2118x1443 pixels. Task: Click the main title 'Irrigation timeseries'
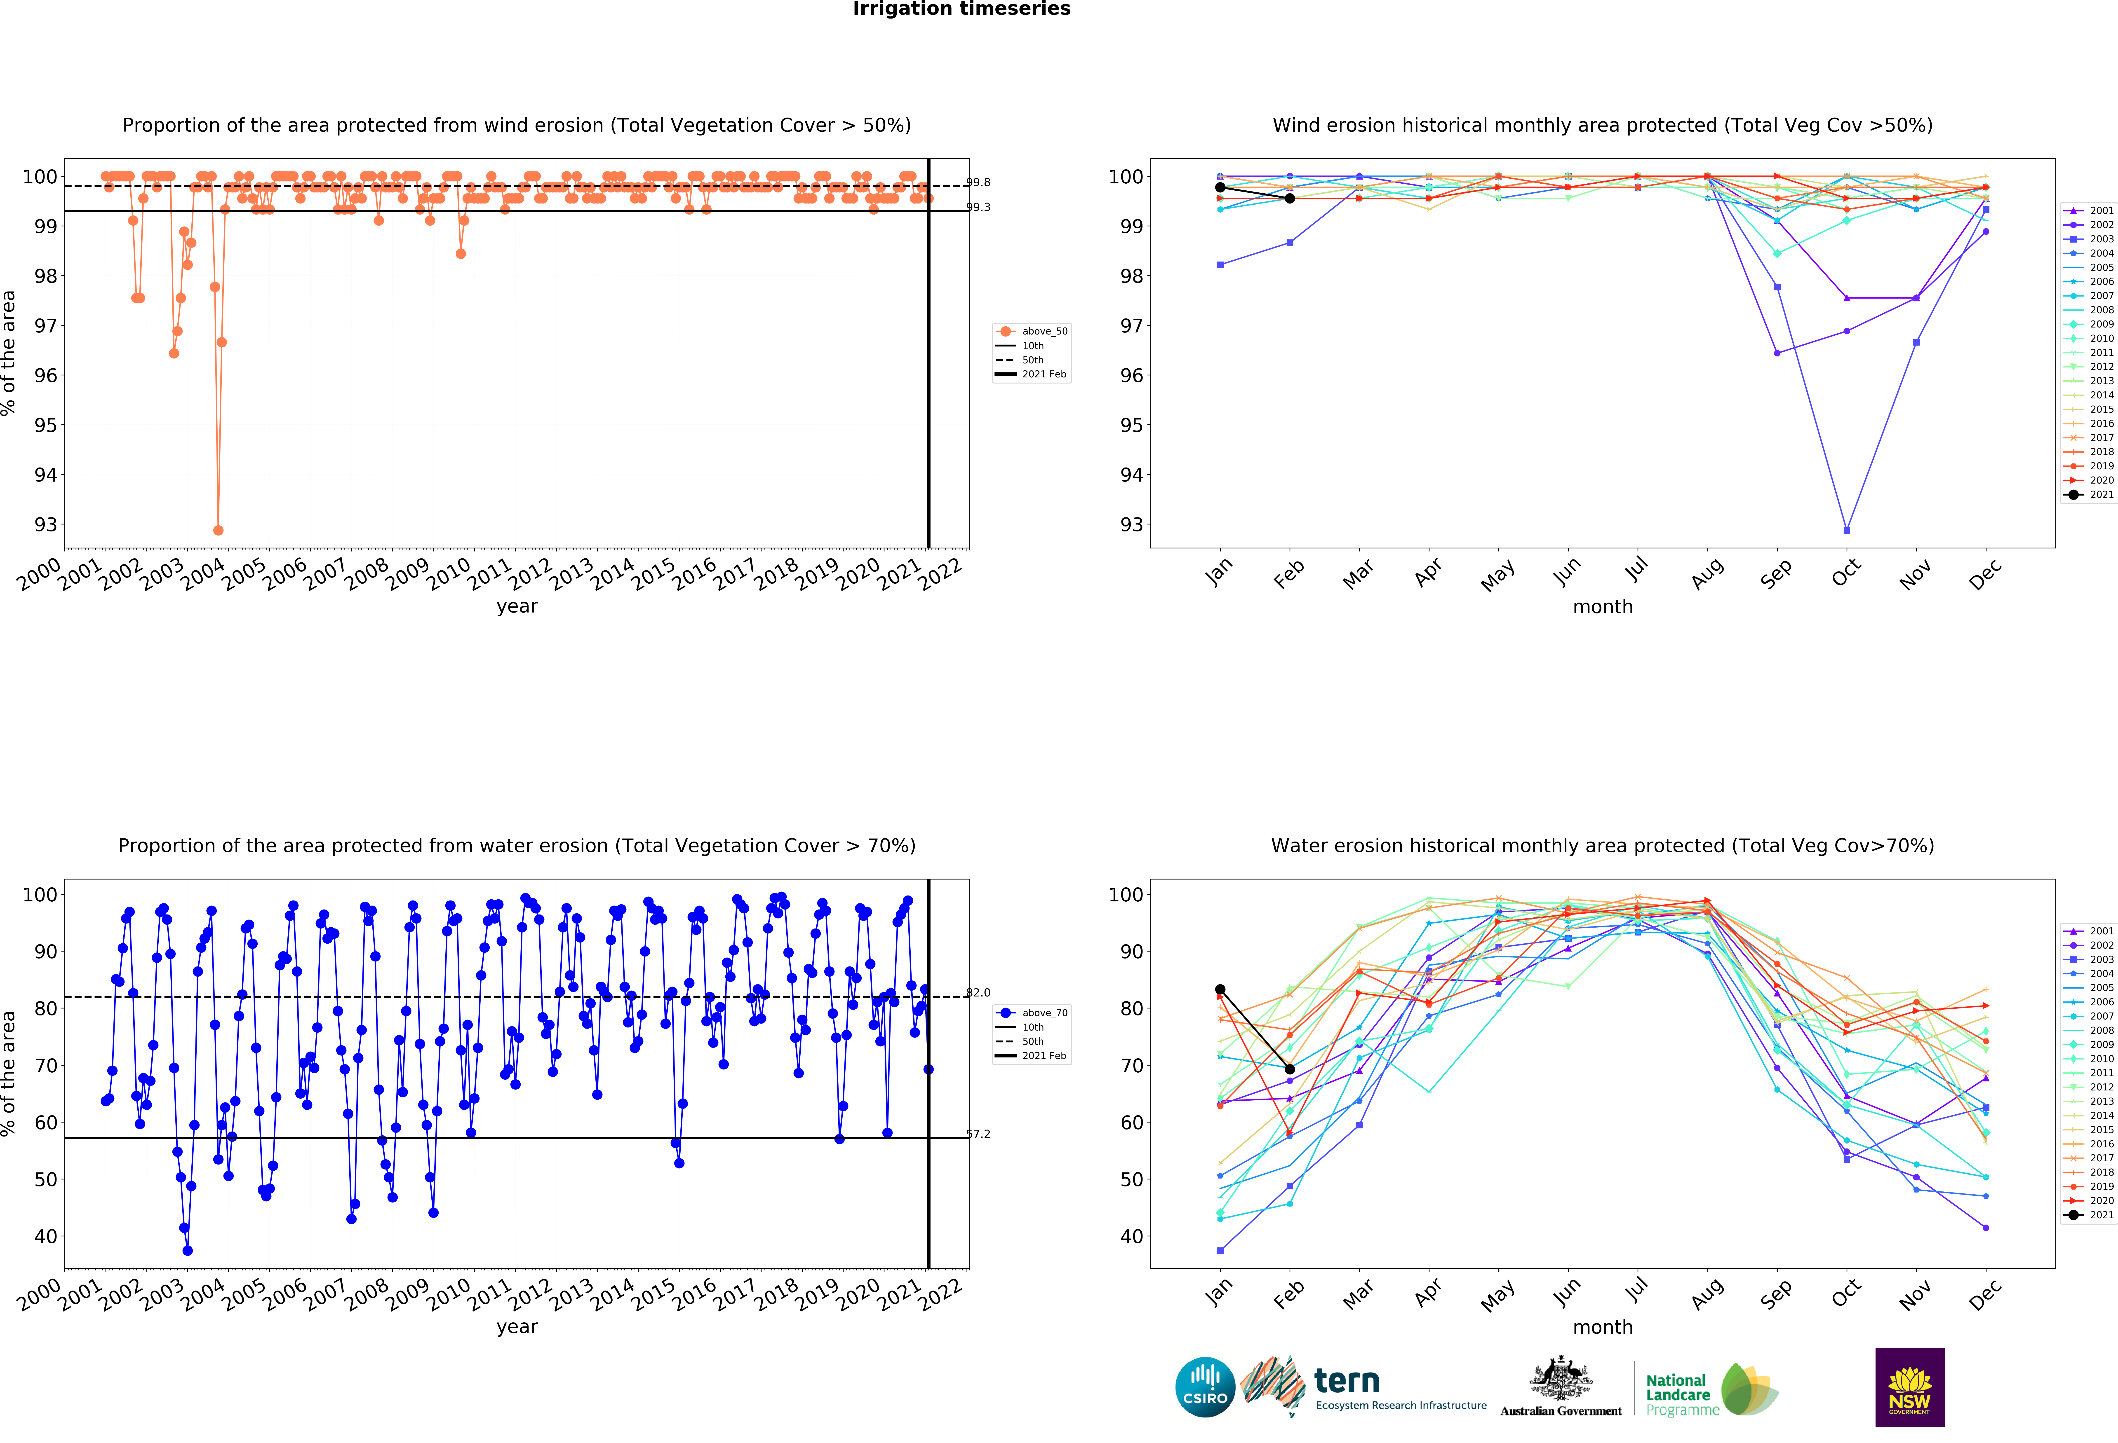tap(961, 9)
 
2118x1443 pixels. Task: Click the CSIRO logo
tap(1205, 1387)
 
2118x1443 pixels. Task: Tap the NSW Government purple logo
tap(1909, 1387)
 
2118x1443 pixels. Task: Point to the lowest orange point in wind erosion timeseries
tap(218, 530)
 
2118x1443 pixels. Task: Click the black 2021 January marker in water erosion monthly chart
tap(1220, 989)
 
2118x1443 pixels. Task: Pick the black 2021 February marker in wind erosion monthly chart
tap(1290, 199)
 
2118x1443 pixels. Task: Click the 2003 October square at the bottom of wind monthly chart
tap(1846, 530)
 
